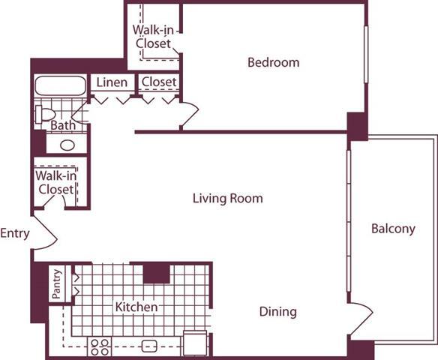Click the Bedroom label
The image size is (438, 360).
click(273, 62)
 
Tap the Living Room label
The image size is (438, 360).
click(227, 199)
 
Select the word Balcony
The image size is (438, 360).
click(393, 229)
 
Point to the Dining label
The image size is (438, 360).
click(277, 311)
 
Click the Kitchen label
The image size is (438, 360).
click(136, 307)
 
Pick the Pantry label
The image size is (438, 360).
click(57, 285)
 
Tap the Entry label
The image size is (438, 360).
click(15, 233)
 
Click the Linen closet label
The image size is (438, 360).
click(112, 81)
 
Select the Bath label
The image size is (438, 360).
click(62, 125)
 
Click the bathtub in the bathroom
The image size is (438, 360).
click(61, 86)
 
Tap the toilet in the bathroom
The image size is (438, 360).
click(44, 115)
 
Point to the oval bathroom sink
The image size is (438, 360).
click(67, 145)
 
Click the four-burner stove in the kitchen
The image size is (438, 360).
click(100, 346)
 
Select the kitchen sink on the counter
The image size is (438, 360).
click(149, 346)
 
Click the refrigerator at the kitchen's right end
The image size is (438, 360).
click(194, 343)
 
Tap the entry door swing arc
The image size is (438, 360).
click(46, 233)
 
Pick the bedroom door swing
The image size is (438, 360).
click(188, 114)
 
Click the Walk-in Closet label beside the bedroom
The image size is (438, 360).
click(152, 36)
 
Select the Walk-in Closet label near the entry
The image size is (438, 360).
click(55, 182)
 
